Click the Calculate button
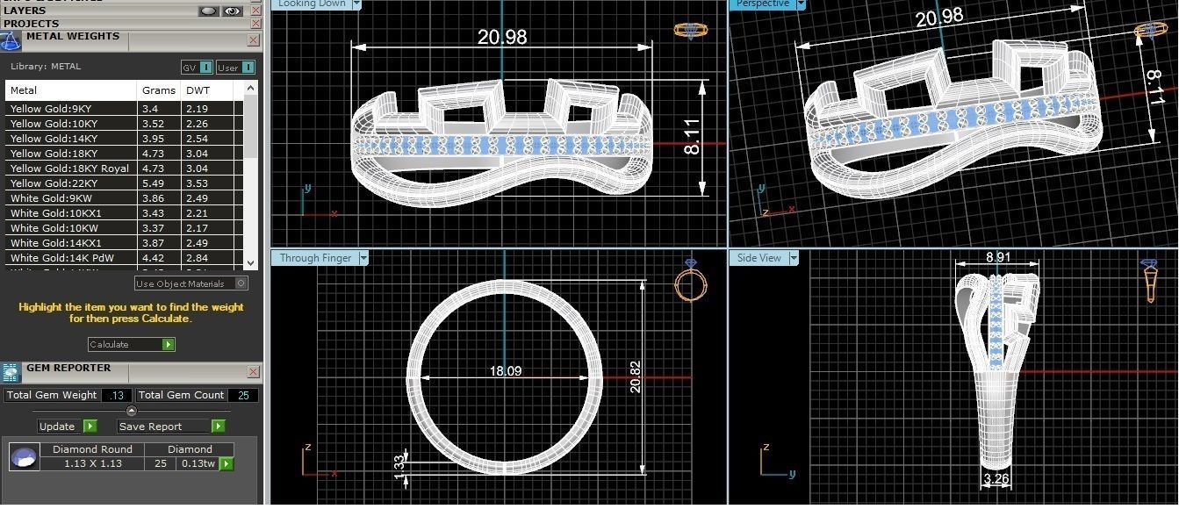[x=131, y=345]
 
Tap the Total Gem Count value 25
[x=243, y=396]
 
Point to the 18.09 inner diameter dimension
[x=506, y=372]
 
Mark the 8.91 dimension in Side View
[x=998, y=258]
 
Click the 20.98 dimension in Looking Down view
[x=502, y=37]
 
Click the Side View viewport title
[x=760, y=258]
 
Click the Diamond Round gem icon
[x=24, y=456]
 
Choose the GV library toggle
[x=197, y=68]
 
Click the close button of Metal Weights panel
[x=254, y=40]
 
